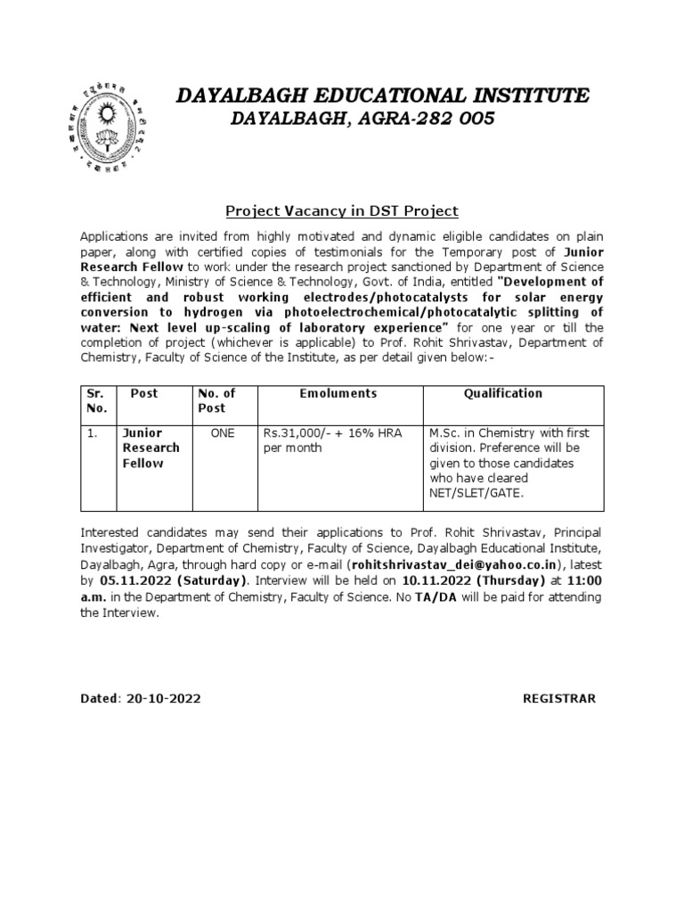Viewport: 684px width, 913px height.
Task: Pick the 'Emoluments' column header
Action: tap(338, 393)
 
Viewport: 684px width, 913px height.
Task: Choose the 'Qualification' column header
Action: tap(503, 393)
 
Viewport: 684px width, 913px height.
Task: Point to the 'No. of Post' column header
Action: tap(216, 400)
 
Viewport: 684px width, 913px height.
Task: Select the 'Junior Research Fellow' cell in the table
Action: tap(151, 448)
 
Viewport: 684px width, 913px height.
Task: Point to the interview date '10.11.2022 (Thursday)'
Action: tap(455, 581)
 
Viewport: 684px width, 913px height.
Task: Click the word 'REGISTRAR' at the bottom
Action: tap(558, 698)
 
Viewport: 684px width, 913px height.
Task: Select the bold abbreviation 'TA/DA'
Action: tap(434, 596)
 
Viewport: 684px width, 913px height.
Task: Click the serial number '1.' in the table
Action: tap(93, 432)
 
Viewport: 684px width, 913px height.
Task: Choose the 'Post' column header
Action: tap(143, 393)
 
